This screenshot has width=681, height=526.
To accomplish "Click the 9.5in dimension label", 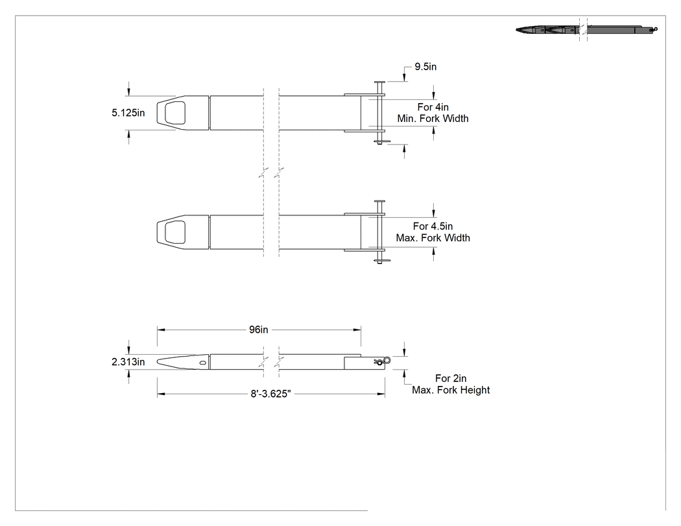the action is tap(425, 67).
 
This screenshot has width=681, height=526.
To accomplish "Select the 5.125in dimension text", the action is tap(128, 113).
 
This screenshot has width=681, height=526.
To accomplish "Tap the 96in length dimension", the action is tap(258, 329).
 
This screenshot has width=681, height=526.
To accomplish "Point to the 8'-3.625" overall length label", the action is tap(270, 394).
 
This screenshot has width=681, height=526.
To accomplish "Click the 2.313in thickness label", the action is tap(128, 362).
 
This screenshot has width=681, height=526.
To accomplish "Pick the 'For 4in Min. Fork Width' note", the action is tap(433, 113).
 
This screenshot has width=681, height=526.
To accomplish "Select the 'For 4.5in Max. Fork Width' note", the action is tap(433, 232).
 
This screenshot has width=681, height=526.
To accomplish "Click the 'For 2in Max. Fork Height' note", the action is tap(451, 385).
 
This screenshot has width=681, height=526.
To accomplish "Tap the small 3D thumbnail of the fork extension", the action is tap(587, 30).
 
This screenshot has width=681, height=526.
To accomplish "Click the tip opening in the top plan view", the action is tap(175, 113).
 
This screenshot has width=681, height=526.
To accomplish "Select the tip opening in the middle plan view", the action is tap(175, 232).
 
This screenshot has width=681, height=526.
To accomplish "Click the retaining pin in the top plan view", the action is tap(380, 113).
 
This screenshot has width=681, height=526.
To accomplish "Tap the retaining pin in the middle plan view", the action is tap(380, 232).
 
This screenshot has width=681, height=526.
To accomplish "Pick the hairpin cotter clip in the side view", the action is tap(382, 361).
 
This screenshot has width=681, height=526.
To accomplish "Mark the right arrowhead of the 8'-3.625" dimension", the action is tap(381, 394).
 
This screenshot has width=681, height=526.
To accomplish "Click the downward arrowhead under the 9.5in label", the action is tap(404, 78).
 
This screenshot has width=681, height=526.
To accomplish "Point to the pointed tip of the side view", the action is tap(158, 361).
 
